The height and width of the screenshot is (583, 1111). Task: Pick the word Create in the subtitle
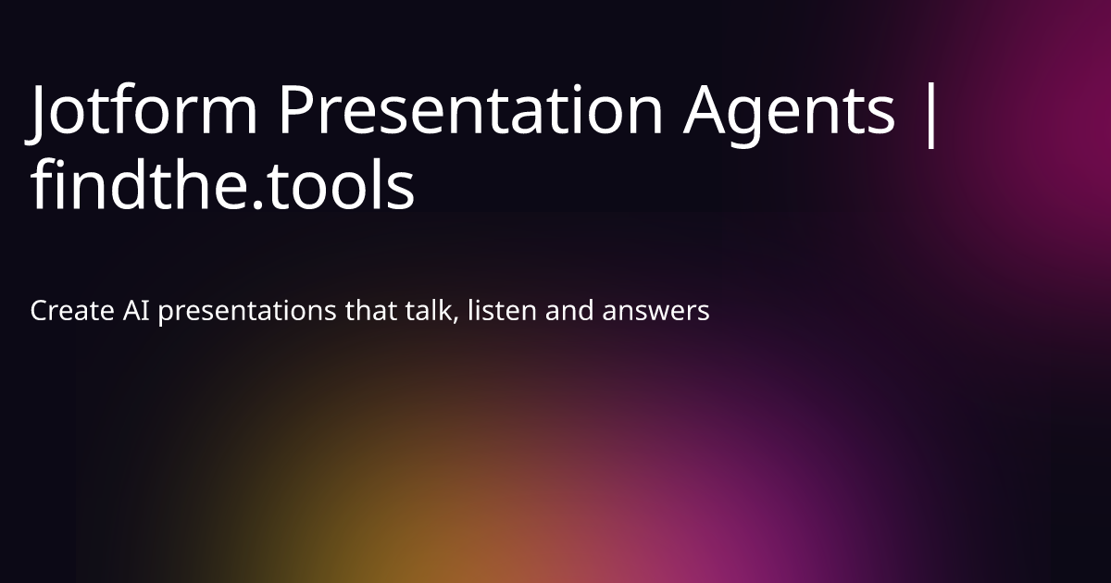tap(73, 311)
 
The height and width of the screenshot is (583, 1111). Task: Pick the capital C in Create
tap(39, 311)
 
